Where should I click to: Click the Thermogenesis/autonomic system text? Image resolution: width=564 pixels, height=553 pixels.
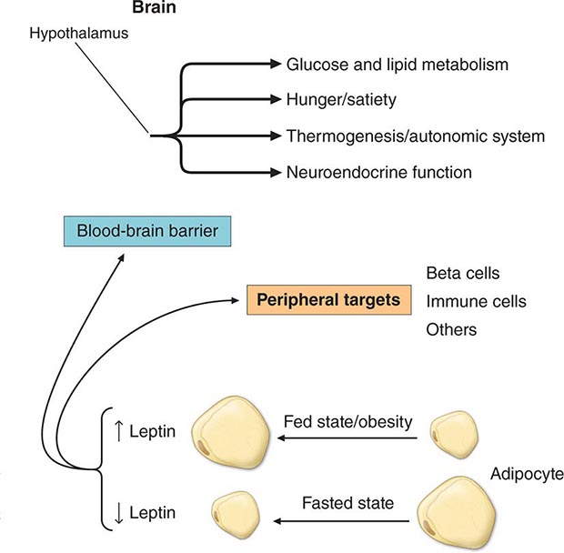(x=416, y=136)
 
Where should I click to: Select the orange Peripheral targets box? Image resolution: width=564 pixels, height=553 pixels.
(x=325, y=298)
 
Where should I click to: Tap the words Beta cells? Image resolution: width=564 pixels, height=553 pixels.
(x=462, y=272)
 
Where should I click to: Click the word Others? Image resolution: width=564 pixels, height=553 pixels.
(x=451, y=329)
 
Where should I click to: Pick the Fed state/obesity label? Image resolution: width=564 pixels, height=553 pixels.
(x=350, y=422)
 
